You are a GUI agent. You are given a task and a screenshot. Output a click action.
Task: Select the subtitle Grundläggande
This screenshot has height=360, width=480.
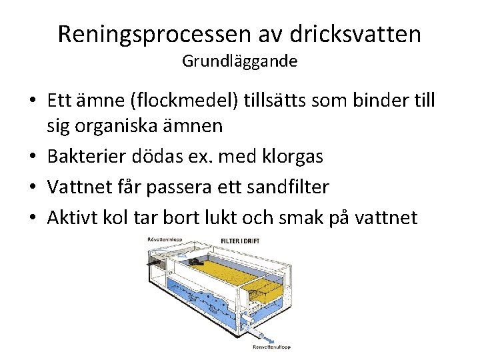[x=239, y=62]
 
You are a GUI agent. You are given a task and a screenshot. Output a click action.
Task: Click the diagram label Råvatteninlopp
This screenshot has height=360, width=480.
[x=164, y=239]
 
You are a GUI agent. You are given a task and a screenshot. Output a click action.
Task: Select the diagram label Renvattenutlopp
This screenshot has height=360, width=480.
[x=271, y=347]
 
